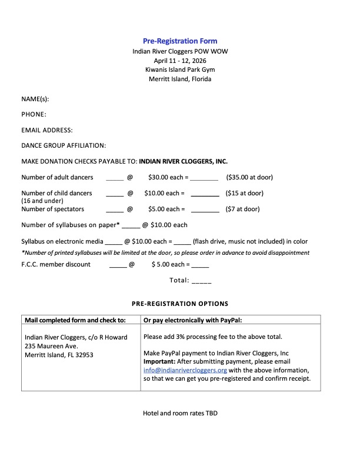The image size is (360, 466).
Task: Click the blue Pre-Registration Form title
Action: pyautogui.click(x=180, y=41)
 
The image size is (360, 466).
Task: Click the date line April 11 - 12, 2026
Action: pyautogui.click(x=180, y=61)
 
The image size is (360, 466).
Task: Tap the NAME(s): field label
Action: pyautogui.click(x=35, y=99)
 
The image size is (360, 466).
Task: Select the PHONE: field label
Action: pyautogui.click(x=34, y=114)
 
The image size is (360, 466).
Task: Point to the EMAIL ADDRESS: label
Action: pyautogui.click(x=47, y=130)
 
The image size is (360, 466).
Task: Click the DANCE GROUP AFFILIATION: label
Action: pyautogui.click(x=64, y=145)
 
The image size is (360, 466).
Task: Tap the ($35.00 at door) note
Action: pyautogui.click(x=249, y=177)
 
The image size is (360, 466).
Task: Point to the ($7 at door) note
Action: pyautogui.click(x=243, y=209)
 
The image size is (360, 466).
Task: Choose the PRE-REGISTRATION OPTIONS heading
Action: pyautogui.click(x=180, y=304)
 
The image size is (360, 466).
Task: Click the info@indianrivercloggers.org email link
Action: pyautogui.click(x=185, y=370)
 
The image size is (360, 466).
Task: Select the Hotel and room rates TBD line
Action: pyautogui.click(x=180, y=413)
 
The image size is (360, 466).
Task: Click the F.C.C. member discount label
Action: pyautogui.click(x=56, y=264)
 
